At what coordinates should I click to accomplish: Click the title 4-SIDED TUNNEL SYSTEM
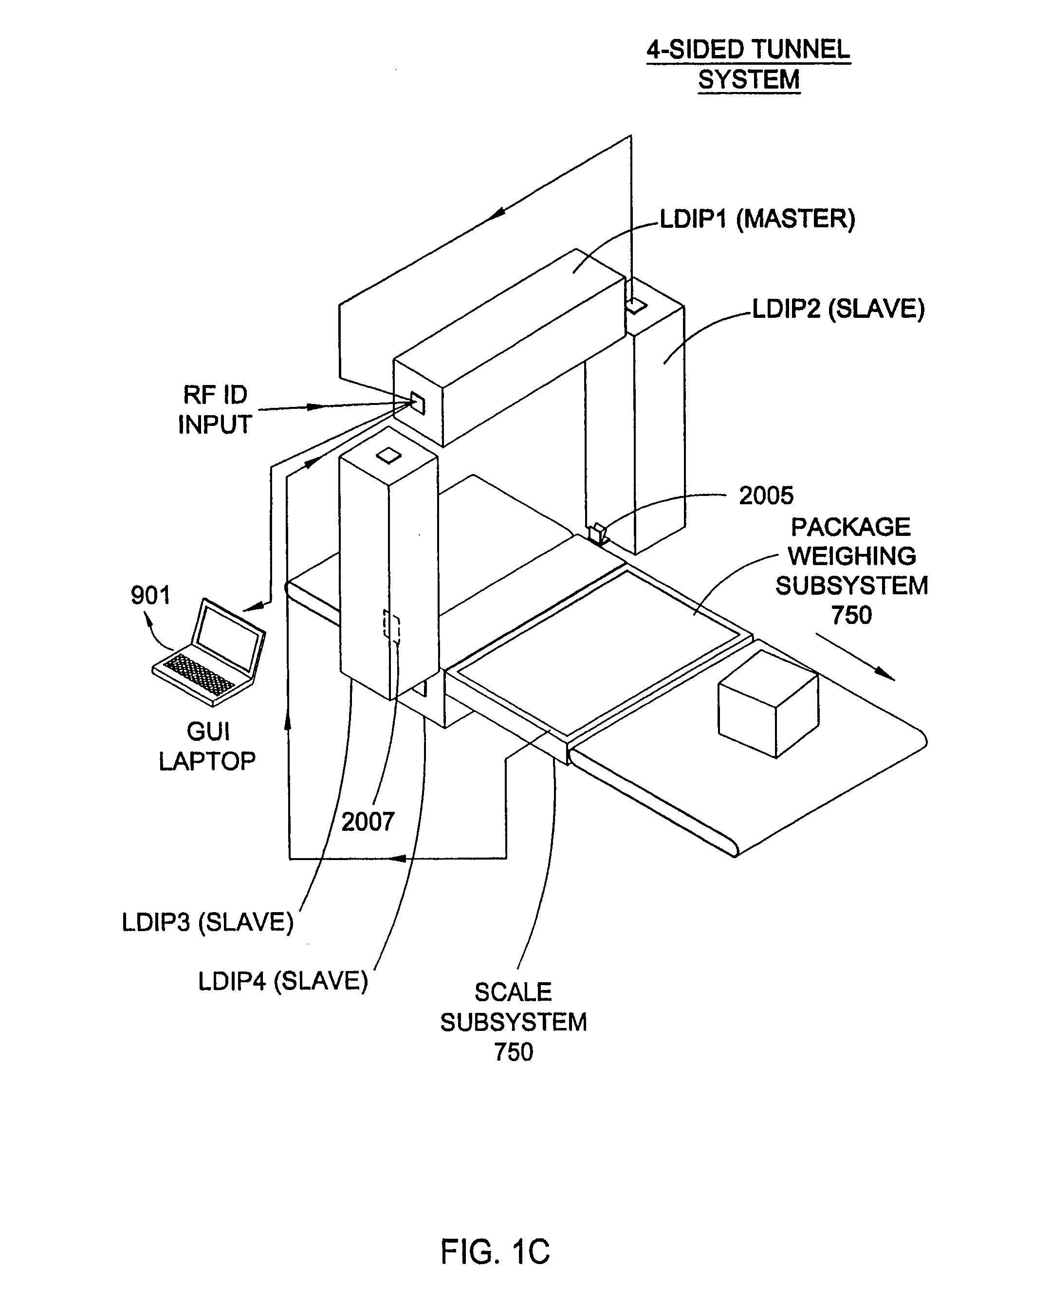pyautogui.click(x=749, y=64)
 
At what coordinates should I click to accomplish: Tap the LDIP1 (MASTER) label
pyautogui.click(x=757, y=219)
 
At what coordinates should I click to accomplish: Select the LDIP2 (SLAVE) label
pyautogui.click(x=838, y=309)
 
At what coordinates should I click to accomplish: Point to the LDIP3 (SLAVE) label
pyautogui.click(x=207, y=922)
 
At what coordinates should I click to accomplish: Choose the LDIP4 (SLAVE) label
pyautogui.click(x=283, y=981)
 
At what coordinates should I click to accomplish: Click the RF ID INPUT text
pyautogui.click(x=215, y=409)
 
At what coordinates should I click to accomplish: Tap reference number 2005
pyautogui.click(x=766, y=495)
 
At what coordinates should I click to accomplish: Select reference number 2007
pyautogui.click(x=368, y=821)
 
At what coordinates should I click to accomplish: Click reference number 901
pyautogui.click(x=150, y=595)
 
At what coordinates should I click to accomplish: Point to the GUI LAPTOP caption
pyautogui.click(x=207, y=746)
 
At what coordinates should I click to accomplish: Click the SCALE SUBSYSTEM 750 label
pyautogui.click(x=514, y=1022)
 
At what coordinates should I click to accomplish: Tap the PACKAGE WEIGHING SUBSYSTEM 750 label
pyautogui.click(x=851, y=571)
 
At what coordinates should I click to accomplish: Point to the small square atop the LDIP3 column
pyautogui.click(x=389, y=456)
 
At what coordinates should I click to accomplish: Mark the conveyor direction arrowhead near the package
pyautogui.click(x=884, y=674)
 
